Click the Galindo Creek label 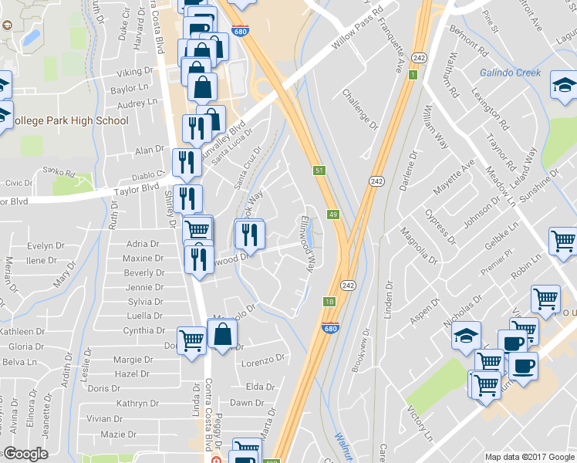point(510,73)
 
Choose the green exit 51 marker point(319,170)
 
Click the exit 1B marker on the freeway point(329,302)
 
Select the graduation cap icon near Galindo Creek point(564,85)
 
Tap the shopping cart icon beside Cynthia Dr point(191,339)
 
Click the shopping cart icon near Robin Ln point(545,297)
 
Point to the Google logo point(25,453)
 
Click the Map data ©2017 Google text point(529,457)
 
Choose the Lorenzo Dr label point(264,360)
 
